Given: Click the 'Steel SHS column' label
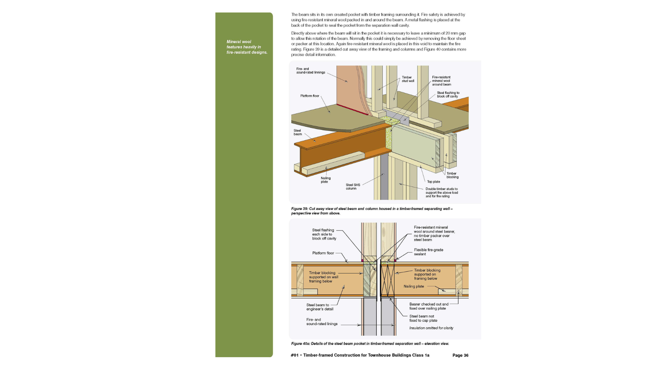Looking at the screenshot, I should (x=353, y=187).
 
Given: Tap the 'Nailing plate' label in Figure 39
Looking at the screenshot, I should (x=326, y=180).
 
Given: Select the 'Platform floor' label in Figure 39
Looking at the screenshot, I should (x=310, y=96).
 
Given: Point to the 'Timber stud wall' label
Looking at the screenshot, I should (x=408, y=79).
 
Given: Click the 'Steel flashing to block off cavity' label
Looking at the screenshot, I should (x=448, y=95).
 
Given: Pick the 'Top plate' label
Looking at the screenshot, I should (x=434, y=182).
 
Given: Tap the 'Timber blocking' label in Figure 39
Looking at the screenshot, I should (x=452, y=175).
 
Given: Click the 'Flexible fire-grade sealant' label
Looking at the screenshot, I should (x=428, y=252).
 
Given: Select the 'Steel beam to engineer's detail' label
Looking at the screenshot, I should (x=320, y=307).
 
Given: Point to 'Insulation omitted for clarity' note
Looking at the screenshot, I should (x=431, y=328).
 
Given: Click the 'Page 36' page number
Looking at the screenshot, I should (x=460, y=355).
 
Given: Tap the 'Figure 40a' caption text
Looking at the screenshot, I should (x=370, y=344).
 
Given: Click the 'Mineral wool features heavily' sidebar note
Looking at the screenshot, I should (x=247, y=47).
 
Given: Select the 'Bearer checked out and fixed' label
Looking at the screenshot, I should (x=429, y=306).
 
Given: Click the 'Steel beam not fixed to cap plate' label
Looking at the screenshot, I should (x=423, y=319).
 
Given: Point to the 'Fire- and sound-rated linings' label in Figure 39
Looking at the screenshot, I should (x=311, y=71).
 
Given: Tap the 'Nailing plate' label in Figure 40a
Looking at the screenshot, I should (x=414, y=287).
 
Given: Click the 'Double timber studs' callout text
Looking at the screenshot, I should (x=442, y=193).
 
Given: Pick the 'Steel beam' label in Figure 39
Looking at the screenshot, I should (x=297, y=132).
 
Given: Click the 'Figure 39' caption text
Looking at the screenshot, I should (x=372, y=211).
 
